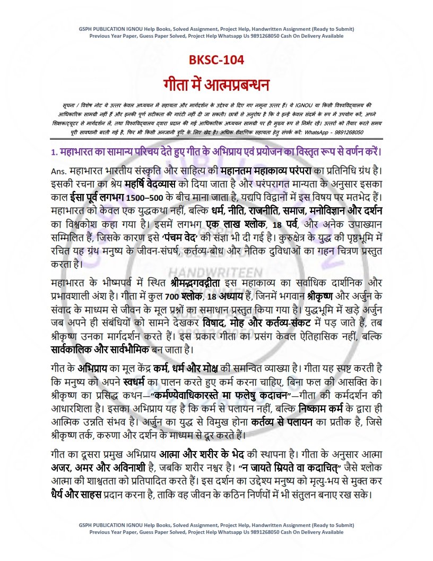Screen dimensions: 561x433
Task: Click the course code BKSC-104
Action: [x=216, y=60]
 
